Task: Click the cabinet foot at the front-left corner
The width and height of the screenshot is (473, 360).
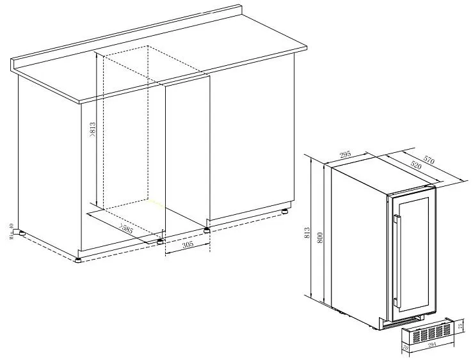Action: coord(78,260)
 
